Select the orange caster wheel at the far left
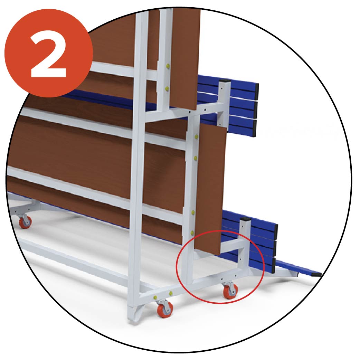coord(25,221)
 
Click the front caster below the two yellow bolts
coord(164,309)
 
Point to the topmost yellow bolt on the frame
coord(168,66)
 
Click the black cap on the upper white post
coord(225,81)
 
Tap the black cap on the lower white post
coord(245,219)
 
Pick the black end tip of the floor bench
coord(316,274)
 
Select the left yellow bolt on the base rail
coord(156,297)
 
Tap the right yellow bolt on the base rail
coord(171,293)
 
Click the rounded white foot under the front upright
coord(135,314)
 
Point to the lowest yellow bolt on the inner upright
coord(192,233)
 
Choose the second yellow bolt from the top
coord(167,88)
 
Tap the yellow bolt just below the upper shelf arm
coord(196,137)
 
